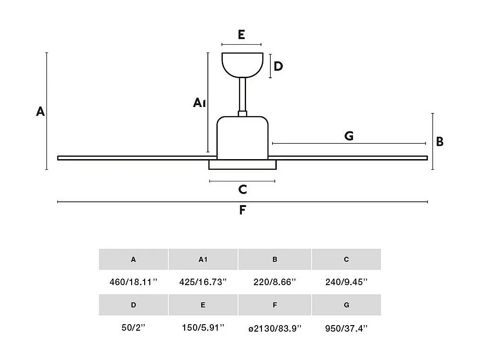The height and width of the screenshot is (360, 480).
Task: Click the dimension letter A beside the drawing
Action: coord(40,112)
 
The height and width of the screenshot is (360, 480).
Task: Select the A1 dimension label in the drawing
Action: coord(199,102)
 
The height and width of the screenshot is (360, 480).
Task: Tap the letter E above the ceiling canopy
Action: coord(241,35)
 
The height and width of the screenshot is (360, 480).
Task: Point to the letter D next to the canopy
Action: coord(278,67)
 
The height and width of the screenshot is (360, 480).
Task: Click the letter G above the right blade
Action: coord(349,136)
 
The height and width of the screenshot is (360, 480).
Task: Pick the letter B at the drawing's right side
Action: coord(440,142)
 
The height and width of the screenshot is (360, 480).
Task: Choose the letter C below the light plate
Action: coord(242,189)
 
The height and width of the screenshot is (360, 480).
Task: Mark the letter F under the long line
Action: coord(242,210)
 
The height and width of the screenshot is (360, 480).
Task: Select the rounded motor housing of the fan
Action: coord(242,137)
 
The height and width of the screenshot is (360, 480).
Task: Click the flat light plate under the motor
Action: coord(242,165)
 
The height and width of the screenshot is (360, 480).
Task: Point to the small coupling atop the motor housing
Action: coord(242,113)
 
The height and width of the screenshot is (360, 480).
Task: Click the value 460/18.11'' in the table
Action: coord(133,281)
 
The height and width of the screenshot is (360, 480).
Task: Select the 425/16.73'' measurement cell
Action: coord(203,281)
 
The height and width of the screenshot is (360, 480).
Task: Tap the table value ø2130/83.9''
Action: coord(275,328)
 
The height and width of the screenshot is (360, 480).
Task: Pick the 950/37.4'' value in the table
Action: coord(347,328)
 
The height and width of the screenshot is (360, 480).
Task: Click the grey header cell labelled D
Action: coord(133,305)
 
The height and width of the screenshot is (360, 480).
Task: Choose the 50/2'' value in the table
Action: coord(133,328)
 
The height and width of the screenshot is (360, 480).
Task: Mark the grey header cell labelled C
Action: coord(347,260)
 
